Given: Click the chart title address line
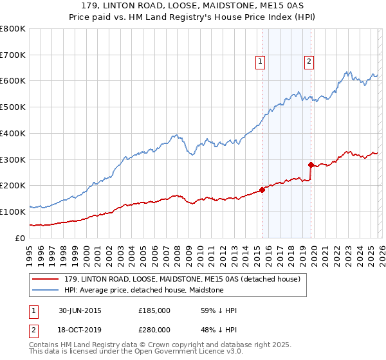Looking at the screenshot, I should pos(193,6).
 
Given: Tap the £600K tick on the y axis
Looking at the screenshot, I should pos(13,81).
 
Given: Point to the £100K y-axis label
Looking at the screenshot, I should pos(13,212).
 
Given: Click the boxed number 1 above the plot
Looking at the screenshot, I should pos(261,62).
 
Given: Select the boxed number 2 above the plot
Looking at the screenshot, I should pos(309,62).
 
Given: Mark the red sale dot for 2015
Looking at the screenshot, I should pos(262,190).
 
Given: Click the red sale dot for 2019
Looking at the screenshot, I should pos(311,165).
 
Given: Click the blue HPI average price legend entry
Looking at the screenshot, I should pos(143,290).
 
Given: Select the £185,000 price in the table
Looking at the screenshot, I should pos(154,310).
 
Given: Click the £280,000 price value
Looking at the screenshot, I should pos(154,330).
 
